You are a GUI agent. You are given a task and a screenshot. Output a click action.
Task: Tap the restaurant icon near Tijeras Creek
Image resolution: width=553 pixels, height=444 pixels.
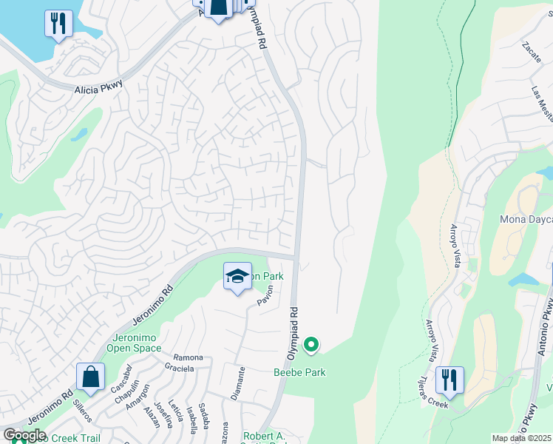tap(449, 380)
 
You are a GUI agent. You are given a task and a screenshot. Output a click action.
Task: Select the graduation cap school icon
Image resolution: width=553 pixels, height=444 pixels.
tap(237, 277)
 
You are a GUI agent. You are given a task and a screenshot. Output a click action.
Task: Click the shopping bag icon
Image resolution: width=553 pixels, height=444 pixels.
tap(90, 377)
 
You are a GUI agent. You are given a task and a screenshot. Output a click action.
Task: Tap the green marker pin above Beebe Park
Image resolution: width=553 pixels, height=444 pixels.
tap(312, 344)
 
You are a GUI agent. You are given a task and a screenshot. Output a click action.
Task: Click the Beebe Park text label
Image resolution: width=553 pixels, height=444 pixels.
tap(299, 372)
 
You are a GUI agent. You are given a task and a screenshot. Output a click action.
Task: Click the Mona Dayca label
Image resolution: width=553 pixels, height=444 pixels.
tap(526, 219)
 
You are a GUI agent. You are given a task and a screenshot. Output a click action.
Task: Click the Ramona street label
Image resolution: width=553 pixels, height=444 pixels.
tap(188, 357)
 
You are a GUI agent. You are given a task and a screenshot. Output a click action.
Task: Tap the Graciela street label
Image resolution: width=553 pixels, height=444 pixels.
tap(180, 368)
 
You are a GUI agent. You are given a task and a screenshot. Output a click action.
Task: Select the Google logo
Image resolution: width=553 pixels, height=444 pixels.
tap(24, 435)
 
